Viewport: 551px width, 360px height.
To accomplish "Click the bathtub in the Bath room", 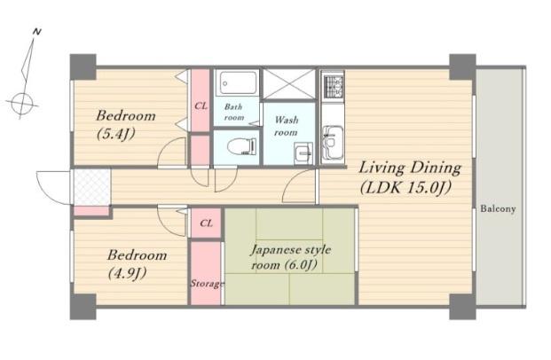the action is (x=239, y=82).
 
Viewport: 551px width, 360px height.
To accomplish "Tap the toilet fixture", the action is (x=241, y=146).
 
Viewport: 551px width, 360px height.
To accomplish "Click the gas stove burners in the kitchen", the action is (x=333, y=86).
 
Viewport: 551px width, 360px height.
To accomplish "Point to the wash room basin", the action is (x=303, y=153).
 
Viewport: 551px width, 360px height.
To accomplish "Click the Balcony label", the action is (x=498, y=209).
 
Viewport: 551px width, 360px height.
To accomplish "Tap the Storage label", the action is (x=207, y=283).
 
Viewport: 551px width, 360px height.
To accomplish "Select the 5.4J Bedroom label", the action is (x=126, y=124).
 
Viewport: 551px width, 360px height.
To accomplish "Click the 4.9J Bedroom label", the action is (x=137, y=263).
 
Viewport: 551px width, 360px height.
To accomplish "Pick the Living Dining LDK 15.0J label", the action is (x=410, y=177).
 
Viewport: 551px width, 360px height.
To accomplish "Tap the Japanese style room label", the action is (x=290, y=257).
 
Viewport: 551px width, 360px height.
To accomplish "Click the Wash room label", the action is (x=287, y=126).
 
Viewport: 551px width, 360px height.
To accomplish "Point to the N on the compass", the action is (x=36, y=32).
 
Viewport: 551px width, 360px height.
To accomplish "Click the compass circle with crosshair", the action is (x=22, y=104).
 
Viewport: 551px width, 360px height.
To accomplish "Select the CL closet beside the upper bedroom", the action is (x=201, y=100).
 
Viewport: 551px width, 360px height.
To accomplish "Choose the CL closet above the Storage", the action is (x=206, y=223).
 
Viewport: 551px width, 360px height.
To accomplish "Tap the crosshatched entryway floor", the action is (x=91, y=187).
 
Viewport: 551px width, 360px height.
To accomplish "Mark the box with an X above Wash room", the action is (x=289, y=83).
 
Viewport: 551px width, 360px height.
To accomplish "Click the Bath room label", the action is (x=233, y=112).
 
